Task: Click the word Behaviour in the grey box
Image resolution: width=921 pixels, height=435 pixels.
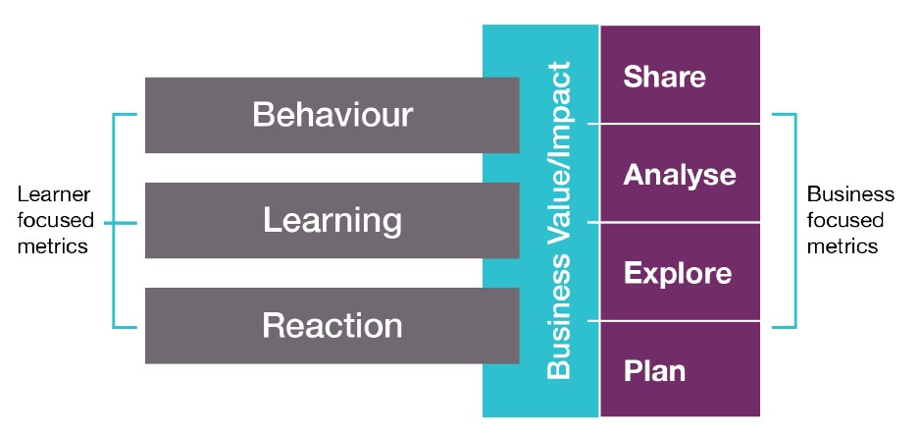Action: coord(333,115)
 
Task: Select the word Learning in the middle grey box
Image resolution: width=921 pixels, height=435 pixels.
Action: coord(333,221)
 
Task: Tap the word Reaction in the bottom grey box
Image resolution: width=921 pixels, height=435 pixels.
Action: coord(333,326)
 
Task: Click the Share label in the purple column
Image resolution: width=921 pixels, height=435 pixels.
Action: coord(664,77)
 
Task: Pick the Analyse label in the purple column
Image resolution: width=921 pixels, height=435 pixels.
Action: coord(680,175)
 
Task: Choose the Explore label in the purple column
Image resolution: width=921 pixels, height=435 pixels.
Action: coord(678,273)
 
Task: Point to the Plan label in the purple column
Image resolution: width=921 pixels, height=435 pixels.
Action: coord(654,371)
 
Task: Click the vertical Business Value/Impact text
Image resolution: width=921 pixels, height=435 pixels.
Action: coord(558,220)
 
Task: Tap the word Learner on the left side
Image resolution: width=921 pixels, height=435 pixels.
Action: coord(54,194)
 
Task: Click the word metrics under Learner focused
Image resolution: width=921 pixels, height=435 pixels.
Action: coord(53,245)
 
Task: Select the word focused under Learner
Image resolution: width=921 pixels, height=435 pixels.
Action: coord(56,220)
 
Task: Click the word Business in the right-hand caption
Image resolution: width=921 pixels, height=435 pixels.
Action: coord(851,194)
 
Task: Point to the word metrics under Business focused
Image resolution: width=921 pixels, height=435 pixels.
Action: coord(843,245)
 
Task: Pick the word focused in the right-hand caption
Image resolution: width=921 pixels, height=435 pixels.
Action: coord(845,220)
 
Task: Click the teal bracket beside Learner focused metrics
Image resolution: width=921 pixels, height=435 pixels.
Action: coord(113,221)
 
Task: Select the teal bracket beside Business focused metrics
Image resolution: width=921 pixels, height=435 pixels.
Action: coord(795,221)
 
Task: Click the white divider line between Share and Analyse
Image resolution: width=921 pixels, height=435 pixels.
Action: coord(674,124)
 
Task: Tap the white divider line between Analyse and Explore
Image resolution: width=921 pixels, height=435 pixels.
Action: coord(674,223)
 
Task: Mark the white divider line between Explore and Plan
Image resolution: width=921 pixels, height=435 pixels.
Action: coord(674,321)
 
